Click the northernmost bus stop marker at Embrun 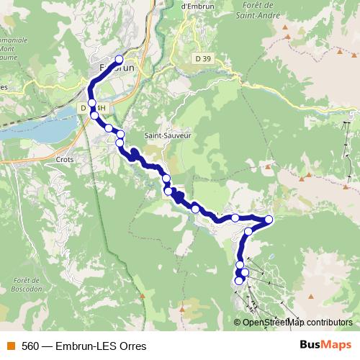[120, 60]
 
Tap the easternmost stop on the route [269, 220]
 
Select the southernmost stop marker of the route [239, 282]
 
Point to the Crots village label [65, 160]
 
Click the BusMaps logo [325, 345]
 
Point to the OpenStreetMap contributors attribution [297, 323]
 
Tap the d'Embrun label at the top [194, 6]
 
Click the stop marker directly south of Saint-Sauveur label [166, 179]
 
